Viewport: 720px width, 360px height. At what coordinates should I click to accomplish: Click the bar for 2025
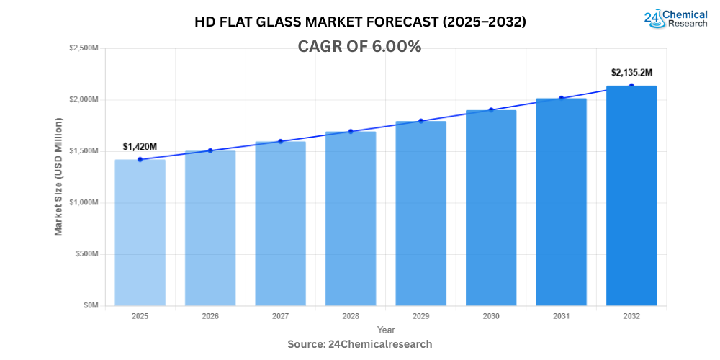tap(140, 232)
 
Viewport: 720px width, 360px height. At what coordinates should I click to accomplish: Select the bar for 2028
tap(351, 218)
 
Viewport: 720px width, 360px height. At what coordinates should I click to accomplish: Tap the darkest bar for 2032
tap(631, 195)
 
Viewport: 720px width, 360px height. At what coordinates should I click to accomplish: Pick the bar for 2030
tap(491, 207)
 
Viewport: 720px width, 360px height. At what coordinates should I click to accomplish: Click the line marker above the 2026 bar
tap(210, 150)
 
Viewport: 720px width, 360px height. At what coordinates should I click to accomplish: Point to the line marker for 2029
tap(420, 121)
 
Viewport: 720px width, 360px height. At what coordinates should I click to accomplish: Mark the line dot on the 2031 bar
tap(561, 99)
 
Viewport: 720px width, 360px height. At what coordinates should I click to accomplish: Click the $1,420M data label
tap(140, 147)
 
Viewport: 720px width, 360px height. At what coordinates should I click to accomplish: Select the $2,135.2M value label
tap(631, 73)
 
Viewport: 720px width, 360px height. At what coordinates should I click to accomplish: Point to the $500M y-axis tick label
tap(88, 254)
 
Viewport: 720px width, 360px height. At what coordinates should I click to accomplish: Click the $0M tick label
tap(91, 305)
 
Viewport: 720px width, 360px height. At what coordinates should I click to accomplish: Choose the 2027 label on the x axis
tap(280, 316)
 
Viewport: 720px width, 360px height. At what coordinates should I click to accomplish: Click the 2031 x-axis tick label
tap(561, 316)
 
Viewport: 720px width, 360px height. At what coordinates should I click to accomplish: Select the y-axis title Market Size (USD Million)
tap(59, 176)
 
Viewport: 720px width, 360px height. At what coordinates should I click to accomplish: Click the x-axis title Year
tap(385, 330)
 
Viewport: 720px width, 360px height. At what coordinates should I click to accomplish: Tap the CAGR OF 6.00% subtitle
tap(359, 47)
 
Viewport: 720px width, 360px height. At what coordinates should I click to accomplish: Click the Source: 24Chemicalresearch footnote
tap(360, 344)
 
